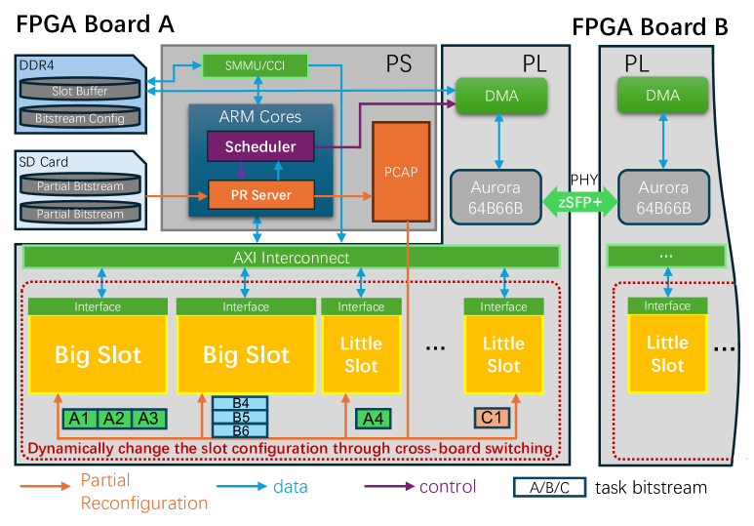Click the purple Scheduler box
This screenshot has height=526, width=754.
[259, 146]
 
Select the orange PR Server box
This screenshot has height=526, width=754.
[260, 195]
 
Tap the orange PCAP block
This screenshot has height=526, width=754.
[400, 173]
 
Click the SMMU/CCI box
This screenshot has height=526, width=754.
[256, 66]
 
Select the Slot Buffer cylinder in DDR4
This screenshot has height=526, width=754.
[80, 92]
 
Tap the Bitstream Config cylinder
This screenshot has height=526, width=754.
[80, 118]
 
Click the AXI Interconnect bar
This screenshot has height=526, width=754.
[291, 258]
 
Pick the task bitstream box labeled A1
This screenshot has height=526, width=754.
[80, 418]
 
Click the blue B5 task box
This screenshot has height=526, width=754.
[241, 417]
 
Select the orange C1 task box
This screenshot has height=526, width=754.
[494, 418]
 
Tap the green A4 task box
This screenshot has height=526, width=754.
[373, 419]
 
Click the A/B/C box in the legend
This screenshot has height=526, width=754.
[549, 487]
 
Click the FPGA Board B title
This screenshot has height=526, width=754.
[650, 26]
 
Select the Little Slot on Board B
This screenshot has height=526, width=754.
[667, 353]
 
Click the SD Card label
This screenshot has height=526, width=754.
[43, 162]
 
